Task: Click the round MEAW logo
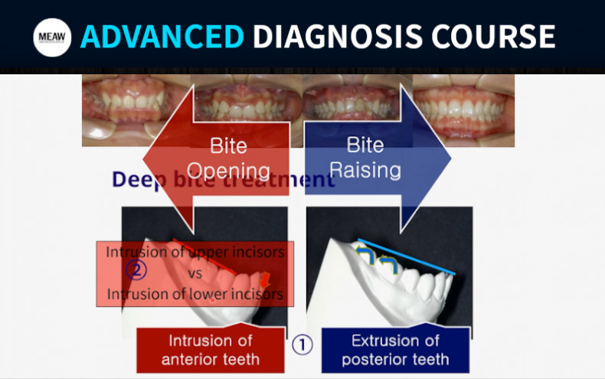(52, 37)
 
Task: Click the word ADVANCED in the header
(162, 36)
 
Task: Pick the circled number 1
(302, 344)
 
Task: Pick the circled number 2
(138, 270)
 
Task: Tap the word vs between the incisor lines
(195, 272)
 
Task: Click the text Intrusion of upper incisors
(195, 251)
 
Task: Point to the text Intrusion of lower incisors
(195, 293)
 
